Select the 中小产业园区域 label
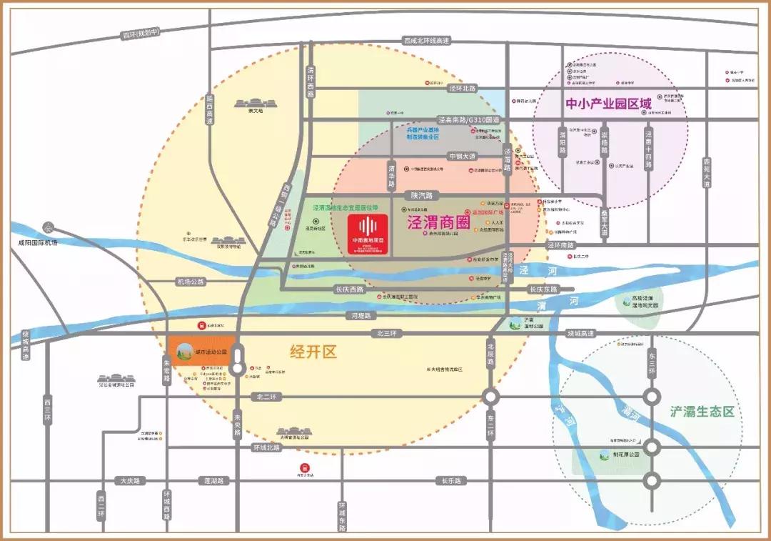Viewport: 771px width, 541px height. coord(608,104)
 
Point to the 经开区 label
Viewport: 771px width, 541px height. coord(313,352)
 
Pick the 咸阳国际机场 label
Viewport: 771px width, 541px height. coord(37,242)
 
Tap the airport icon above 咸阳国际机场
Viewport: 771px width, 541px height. coord(48,228)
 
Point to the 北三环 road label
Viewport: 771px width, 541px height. coord(386,333)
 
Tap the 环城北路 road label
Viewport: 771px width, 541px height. coord(266,447)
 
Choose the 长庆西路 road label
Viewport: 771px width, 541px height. coord(349,289)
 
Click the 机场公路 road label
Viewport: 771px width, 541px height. coord(190,282)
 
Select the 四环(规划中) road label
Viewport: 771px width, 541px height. coord(139,33)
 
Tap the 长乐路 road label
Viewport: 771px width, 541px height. coord(453,481)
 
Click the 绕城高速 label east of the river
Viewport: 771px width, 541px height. coord(580,333)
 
